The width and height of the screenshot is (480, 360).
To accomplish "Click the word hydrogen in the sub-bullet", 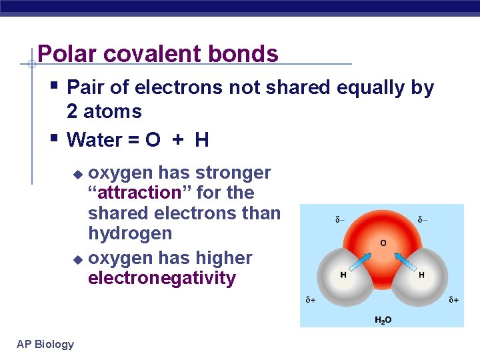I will click(x=130, y=233).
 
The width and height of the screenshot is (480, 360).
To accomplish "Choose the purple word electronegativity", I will click(x=161, y=278).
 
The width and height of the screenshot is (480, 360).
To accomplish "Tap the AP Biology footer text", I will click(x=45, y=344).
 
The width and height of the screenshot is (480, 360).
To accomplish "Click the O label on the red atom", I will click(x=383, y=243).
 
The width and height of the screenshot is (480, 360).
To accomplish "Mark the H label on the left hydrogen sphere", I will click(x=343, y=275).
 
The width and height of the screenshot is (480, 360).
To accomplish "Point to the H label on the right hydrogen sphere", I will click(x=421, y=275).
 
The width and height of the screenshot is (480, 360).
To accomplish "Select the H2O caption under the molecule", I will click(x=383, y=320).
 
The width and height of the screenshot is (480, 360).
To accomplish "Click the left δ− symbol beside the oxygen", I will click(x=340, y=219).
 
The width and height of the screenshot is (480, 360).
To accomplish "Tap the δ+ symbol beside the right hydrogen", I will click(x=453, y=300).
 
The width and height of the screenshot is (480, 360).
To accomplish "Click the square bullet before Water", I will click(x=54, y=139).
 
